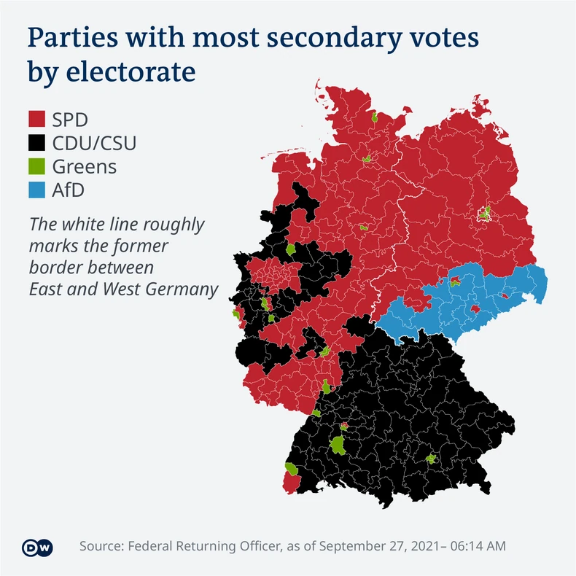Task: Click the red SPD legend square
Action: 36,119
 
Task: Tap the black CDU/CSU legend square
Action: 36,142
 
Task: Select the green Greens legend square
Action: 36,166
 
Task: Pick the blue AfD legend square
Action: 36,190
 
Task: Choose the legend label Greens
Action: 84,166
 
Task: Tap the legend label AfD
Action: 70,190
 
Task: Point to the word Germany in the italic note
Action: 184,289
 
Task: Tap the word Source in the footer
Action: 103,546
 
